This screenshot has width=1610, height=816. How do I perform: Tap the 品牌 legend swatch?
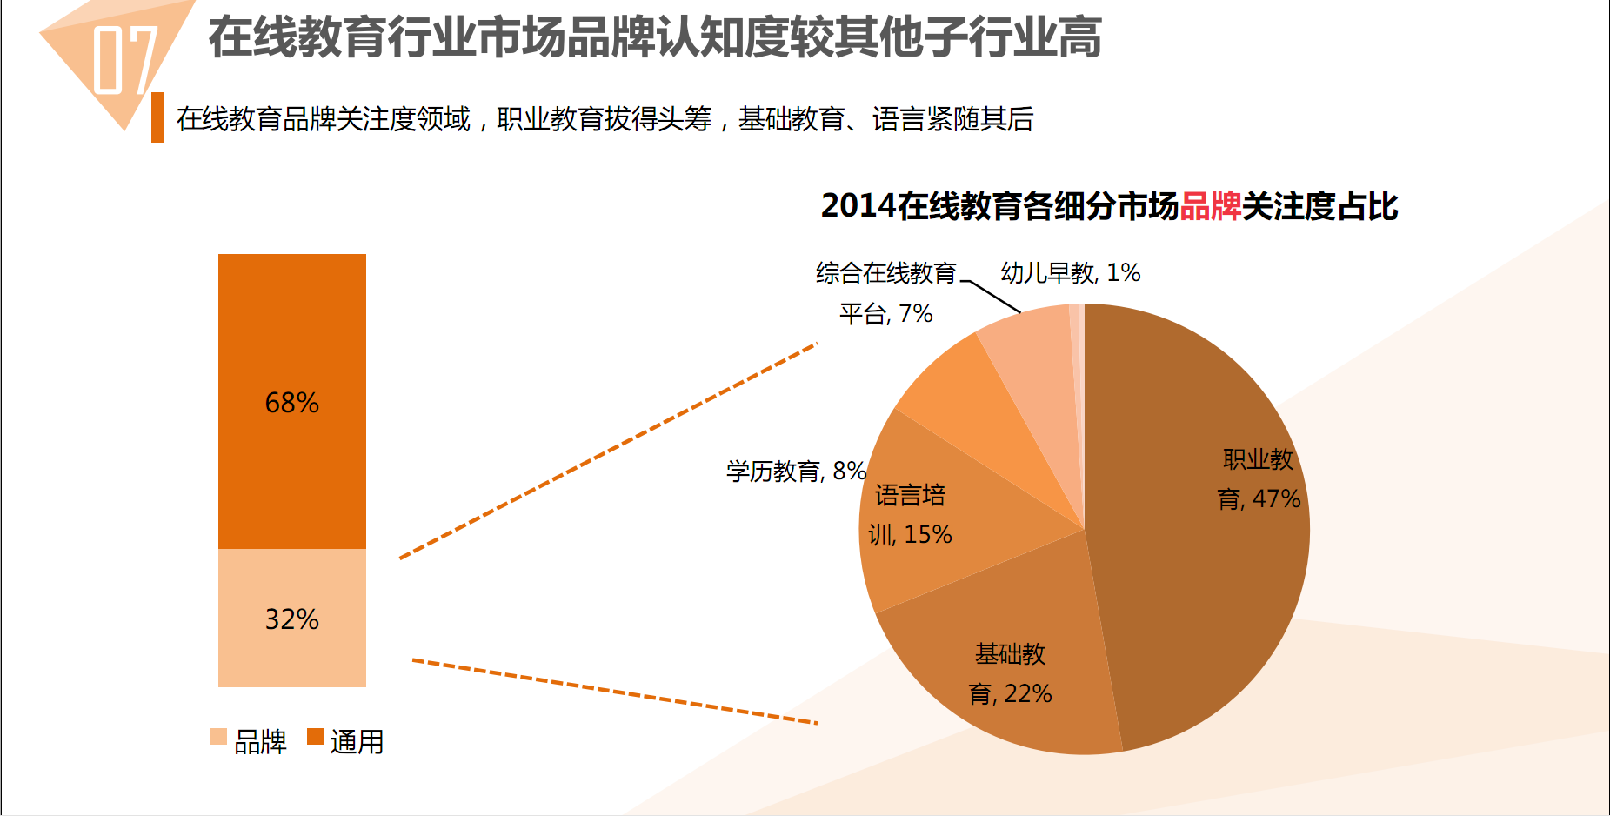(x=218, y=738)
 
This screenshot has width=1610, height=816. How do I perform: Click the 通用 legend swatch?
(x=316, y=738)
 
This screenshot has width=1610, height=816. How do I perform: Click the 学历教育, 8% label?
(x=796, y=471)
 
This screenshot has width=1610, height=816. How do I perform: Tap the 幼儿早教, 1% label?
(x=1070, y=273)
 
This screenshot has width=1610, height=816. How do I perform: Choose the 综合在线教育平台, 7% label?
(x=886, y=293)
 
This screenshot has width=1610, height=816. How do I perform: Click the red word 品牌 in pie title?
(x=1210, y=206)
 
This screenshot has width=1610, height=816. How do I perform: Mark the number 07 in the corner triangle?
(x=124, y=59)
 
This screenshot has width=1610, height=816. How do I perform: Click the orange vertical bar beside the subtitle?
(x=157, y=117)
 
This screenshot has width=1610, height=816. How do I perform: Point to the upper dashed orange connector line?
(x=609, y=451)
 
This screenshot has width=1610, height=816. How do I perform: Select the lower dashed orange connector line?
(x=614, y=692)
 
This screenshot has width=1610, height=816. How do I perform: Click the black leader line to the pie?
(x=993, y=296)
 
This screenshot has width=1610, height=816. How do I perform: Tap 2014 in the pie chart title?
(x=858, y=206)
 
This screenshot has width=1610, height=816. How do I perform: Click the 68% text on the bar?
(x=291, y=403)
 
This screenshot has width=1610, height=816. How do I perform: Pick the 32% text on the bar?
(x=291, y=619)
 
